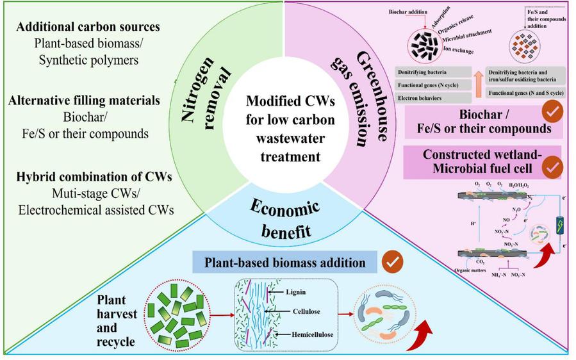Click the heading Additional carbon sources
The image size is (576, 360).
coord(88,28)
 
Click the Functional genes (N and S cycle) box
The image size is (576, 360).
coord(526,93)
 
